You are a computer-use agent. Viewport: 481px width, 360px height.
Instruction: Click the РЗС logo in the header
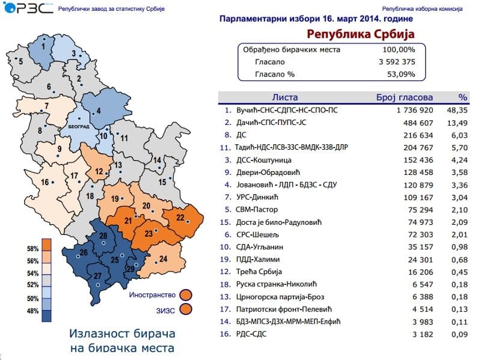click(22, 10)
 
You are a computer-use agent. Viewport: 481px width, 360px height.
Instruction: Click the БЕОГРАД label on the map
click(78, 127)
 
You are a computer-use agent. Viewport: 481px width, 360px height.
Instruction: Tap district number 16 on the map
click(44, 183)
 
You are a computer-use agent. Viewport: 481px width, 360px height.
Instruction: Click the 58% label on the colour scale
click(32, 249)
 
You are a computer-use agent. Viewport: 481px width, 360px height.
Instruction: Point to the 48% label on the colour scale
click(32, 311)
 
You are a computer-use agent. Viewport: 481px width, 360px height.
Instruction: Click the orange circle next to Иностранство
click(186, 294)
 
